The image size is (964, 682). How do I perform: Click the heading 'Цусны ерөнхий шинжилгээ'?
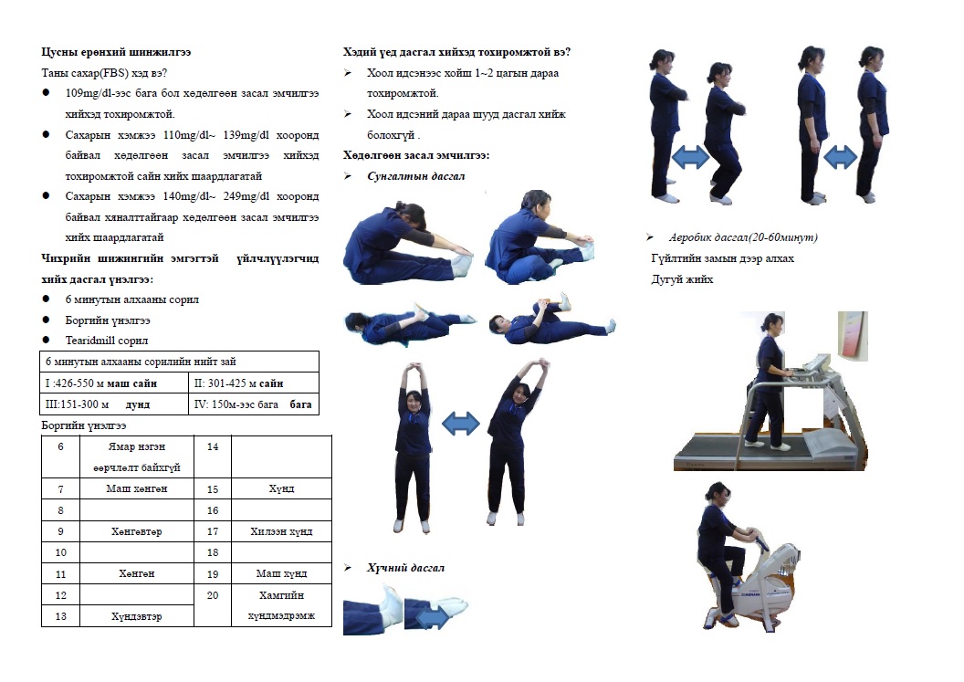116,52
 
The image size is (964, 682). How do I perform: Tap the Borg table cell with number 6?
60,456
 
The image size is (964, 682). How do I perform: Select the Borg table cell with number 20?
213,605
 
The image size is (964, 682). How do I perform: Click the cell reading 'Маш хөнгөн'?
137,488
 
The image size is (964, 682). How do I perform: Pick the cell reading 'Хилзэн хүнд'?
281,531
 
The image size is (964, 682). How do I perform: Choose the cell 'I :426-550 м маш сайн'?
114,383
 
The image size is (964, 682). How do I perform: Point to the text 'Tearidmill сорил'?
107,340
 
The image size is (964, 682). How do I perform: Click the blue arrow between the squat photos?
690,157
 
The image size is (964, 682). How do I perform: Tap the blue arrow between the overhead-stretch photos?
460,423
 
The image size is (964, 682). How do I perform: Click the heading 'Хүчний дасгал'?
405,568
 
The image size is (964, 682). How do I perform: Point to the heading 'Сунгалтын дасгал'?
415,176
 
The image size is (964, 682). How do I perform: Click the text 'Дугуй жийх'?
682,279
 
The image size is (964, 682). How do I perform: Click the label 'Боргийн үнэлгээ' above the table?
84,425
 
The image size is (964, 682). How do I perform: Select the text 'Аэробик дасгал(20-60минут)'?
743,237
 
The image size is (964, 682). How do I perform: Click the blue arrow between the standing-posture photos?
841,157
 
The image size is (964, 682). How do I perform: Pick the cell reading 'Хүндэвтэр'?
137,616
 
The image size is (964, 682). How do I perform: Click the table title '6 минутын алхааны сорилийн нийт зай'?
141,362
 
